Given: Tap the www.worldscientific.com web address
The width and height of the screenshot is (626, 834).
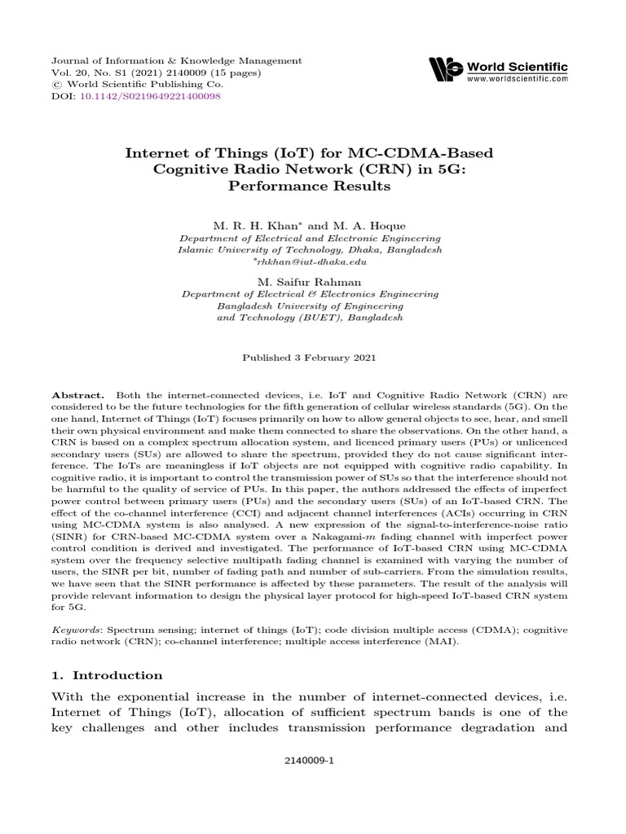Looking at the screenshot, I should click(518, 79).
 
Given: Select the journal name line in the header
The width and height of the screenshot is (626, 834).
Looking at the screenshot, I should click(165, 61).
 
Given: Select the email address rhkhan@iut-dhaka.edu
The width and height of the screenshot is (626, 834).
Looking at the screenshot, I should click(312, 262).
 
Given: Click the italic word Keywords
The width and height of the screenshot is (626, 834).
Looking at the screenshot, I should click(74, 630).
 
